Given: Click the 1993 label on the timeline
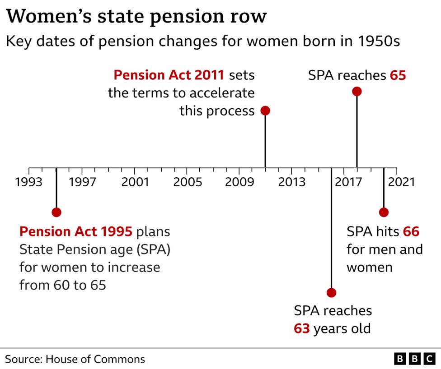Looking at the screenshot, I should (x=29, y=182).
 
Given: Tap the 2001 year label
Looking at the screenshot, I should (x=135, y=182).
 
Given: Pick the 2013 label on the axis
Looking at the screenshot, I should (x=291, y=182).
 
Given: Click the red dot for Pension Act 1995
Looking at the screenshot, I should (x=56, y=212).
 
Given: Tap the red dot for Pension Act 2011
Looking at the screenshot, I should (x=265, y=111).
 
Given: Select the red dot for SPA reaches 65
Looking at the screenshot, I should (x=357, y=92).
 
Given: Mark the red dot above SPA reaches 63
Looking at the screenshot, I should (x=331, y=293).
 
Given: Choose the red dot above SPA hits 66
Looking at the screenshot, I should (x=384, y=212).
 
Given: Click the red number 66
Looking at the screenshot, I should (x=411, y=232).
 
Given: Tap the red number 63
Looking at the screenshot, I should (x=302, y=328).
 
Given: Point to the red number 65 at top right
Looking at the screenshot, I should (x=398, y=75).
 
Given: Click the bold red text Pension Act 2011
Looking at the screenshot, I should (x=169, y=75).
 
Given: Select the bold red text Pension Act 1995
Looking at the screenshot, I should (x=75, y=232).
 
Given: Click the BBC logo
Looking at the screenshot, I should (x=415, y=359).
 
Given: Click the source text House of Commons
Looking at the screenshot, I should (x=95, y=359).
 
